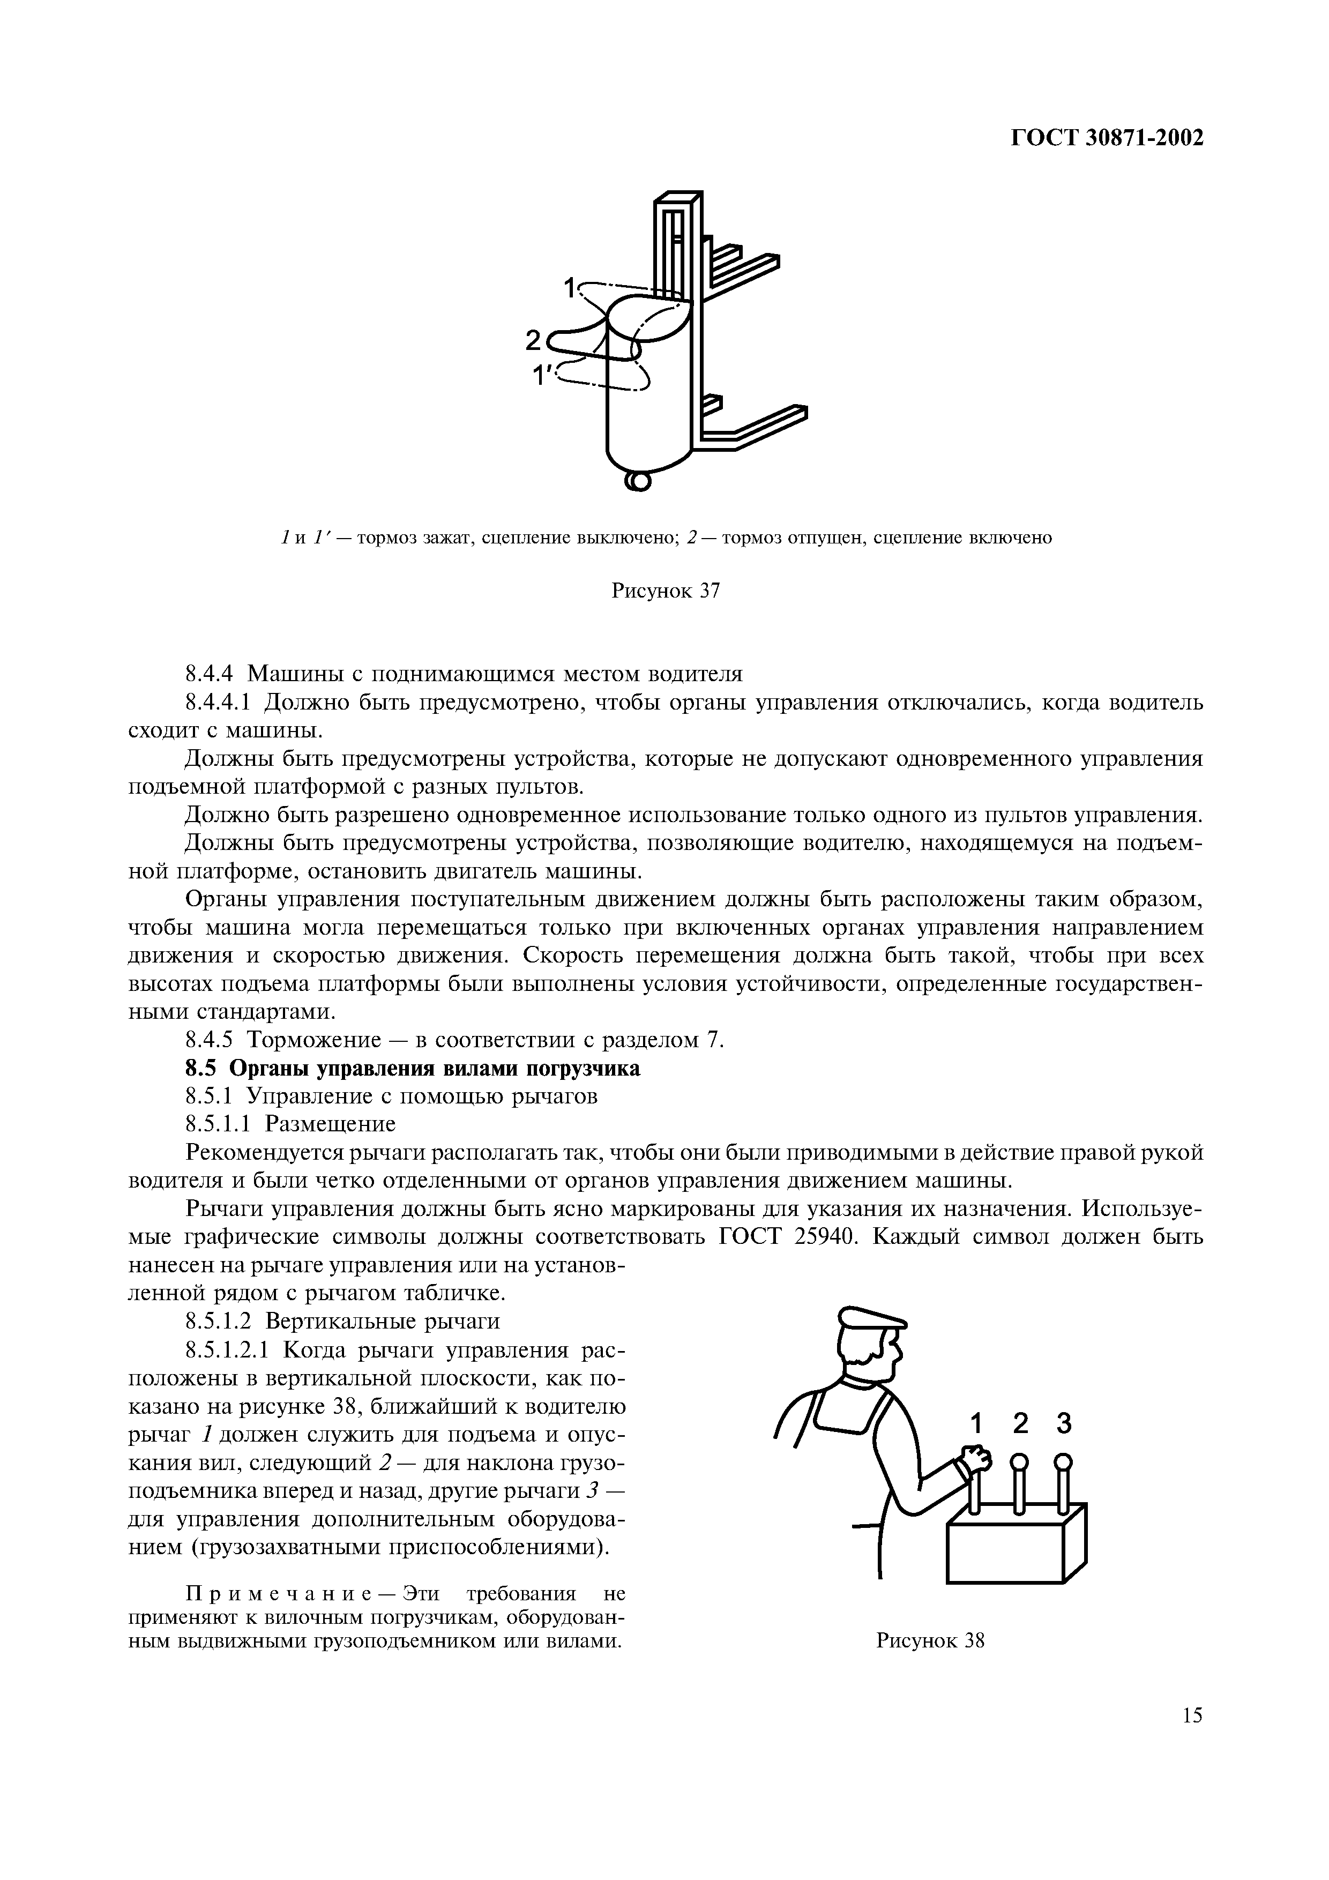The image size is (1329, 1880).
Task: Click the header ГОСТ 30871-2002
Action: [1107, 138]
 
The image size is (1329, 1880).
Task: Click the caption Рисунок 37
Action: [665, 591]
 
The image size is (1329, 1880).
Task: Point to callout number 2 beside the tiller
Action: [533, 338]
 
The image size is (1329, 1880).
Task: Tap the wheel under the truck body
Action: [638, 481]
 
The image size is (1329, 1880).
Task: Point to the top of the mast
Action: [680, 199]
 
